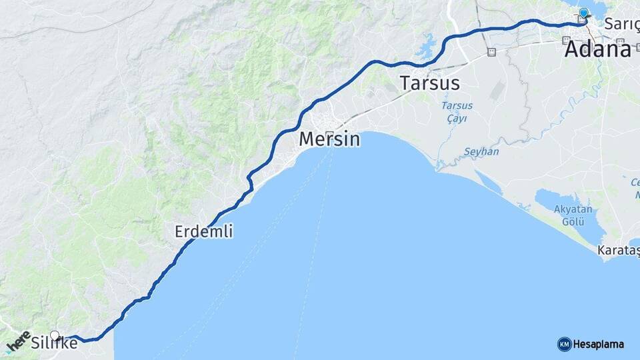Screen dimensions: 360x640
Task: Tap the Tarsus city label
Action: pos(430,83)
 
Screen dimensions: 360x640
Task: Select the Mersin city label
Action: pos(329,139)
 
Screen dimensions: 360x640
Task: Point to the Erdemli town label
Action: pos(203,231)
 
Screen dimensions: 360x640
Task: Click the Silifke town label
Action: pos(55,345)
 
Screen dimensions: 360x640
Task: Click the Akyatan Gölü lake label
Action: pos(573,215)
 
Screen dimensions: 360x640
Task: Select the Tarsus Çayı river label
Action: pos(457,112)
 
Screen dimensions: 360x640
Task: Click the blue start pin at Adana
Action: pos(584,13)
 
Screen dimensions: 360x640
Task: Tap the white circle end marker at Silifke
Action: pos(55,336)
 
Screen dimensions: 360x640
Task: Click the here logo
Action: pos(17,342)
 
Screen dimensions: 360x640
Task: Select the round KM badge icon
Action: pos(564,344)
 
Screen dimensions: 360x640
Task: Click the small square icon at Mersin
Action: pos(329,134)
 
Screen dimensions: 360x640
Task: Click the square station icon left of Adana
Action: pos(491,52)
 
